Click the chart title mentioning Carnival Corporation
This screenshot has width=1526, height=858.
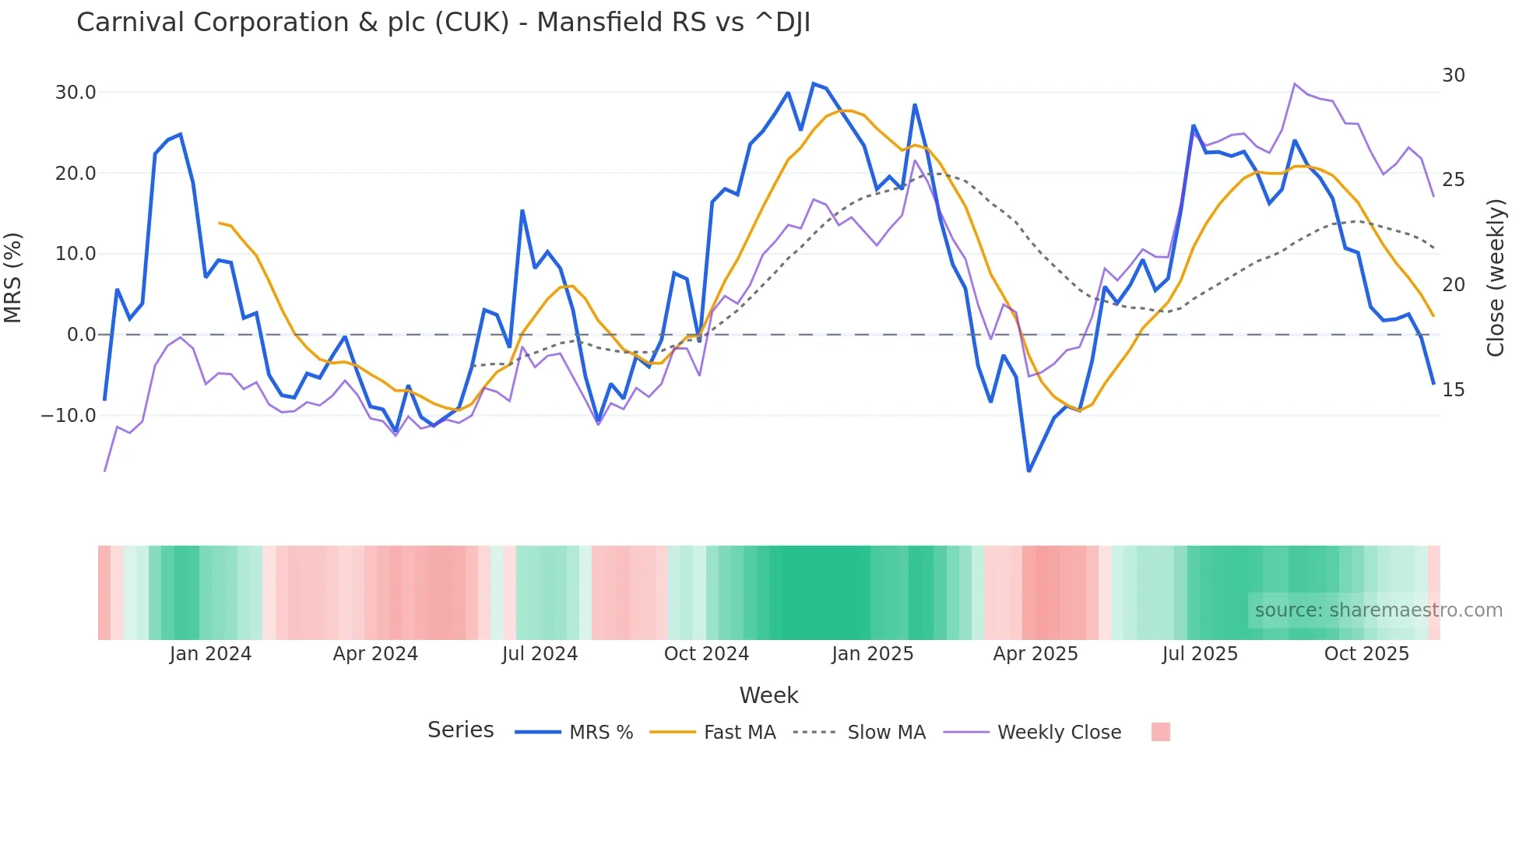point(443,23)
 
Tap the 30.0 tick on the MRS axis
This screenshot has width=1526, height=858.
point(76,93)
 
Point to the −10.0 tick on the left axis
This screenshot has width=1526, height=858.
point(69,416)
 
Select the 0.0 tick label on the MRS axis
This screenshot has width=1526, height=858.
point(81,335)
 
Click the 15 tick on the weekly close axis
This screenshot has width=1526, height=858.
point(1453,390)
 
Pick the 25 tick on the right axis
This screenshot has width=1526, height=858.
point(1453,180)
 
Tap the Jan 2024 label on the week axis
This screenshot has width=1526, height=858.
point(210,654)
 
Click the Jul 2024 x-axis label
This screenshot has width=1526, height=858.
point(540,654)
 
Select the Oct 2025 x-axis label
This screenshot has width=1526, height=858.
point(1366,654)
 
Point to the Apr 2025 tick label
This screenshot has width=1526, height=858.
point(1035,654)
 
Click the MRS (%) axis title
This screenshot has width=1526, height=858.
point(13,277)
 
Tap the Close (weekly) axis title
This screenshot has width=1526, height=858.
point(1496,278)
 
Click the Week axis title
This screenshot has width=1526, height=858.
point(768,695)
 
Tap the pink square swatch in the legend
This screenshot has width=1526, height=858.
point(1160,732)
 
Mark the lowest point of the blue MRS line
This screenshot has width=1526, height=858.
point(1028,471)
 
